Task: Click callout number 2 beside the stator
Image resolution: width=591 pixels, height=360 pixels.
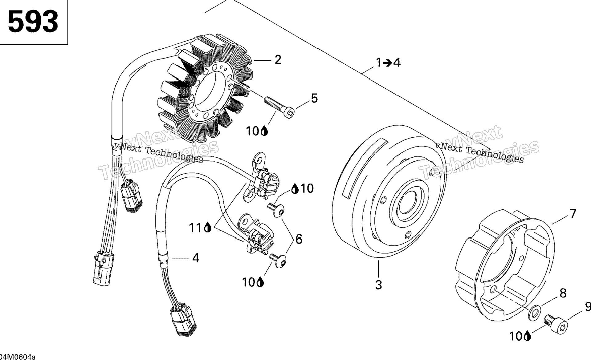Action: tap(278, 60)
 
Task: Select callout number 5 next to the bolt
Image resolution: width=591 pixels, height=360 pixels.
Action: tap(314, 99)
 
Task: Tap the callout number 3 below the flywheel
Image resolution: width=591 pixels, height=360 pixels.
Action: tap(378, 285)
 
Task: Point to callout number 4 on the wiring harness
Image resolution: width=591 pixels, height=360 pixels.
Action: tap(196, 258)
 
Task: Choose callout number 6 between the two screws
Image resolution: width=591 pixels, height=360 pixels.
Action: tap(299, 239)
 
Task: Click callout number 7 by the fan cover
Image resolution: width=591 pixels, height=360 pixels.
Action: tap(573, 213)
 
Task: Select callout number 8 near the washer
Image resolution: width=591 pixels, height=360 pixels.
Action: tap(563, 293)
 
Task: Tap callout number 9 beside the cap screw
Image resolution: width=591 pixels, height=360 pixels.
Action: tap(588, 307)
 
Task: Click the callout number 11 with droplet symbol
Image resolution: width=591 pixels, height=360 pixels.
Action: tap(200, 228)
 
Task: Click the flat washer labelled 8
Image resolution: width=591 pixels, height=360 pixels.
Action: tap(534, 313)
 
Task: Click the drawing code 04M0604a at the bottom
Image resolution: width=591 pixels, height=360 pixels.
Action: tap(18, 357)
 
